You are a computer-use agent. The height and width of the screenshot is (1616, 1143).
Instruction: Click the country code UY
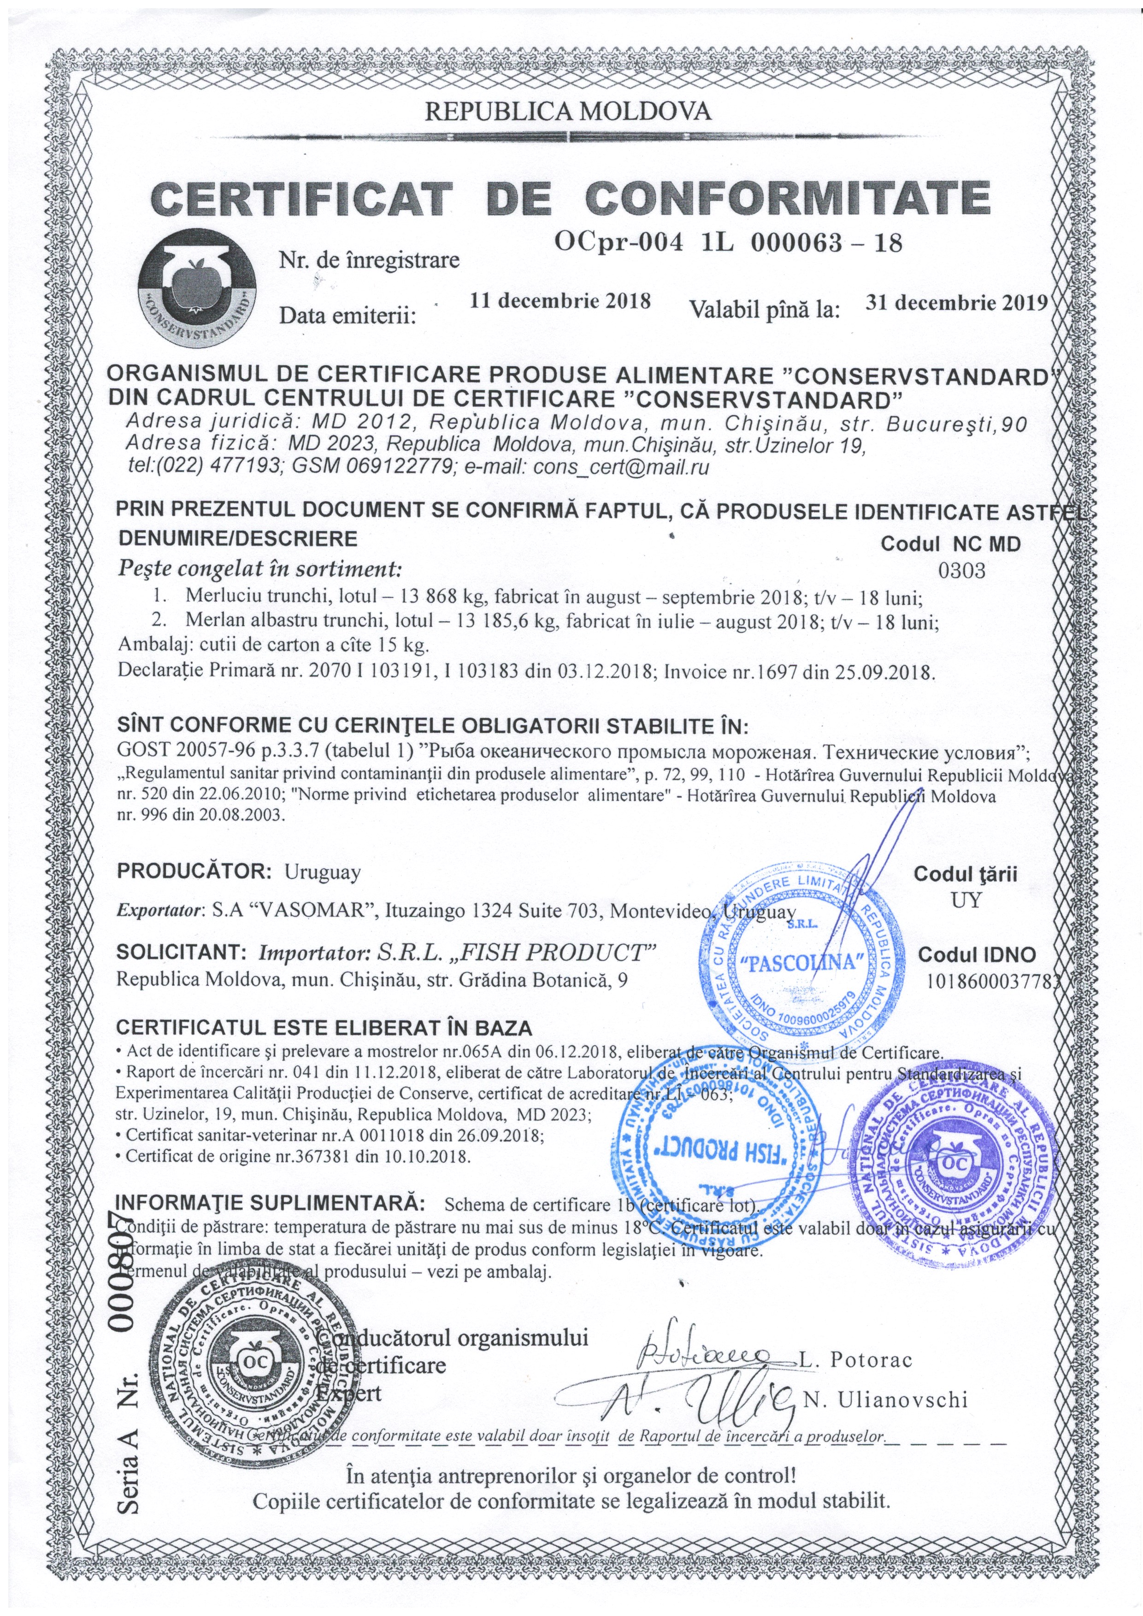coord(966,900)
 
